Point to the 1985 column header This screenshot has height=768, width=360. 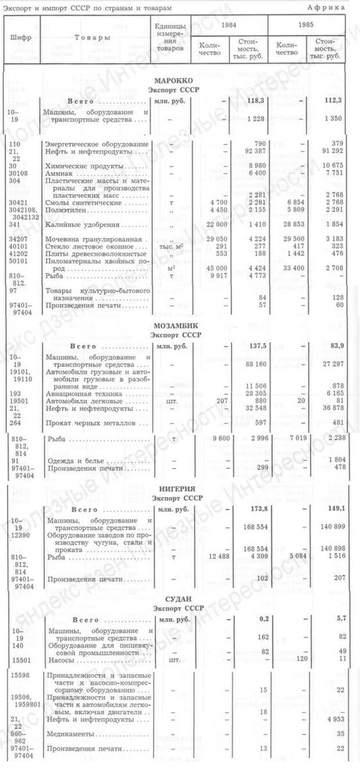pos(307,25)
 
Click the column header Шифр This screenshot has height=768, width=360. pos(21,38)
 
